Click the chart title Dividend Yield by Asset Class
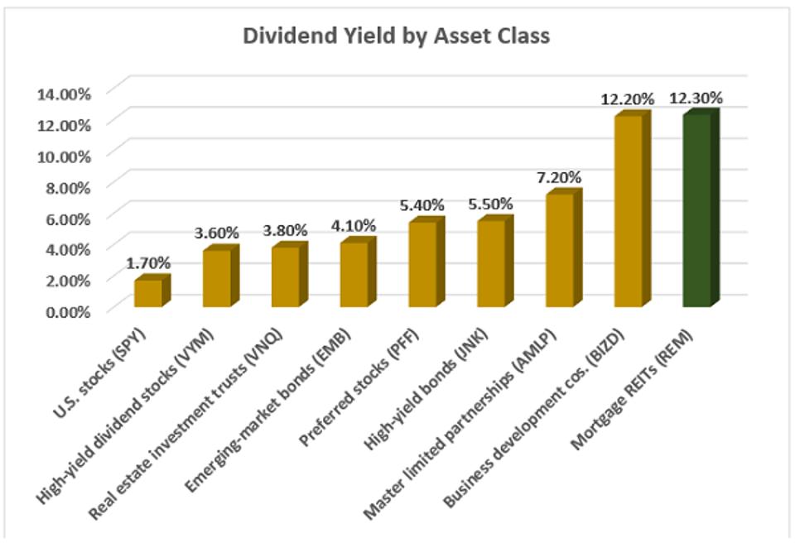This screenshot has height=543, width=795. tap(396, 37)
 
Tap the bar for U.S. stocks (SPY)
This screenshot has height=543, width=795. tap(149, 293)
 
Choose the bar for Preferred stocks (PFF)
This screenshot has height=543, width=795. tap(422, 264)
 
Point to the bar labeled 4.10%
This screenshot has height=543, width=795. tap(354, 274)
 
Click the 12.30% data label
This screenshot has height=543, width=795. tap(696, 98)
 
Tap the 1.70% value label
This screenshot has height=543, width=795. tap(148, 262)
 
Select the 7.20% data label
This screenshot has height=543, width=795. tap(558, 177)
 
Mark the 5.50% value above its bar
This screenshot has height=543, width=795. tap(490, 204)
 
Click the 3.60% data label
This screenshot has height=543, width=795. tap(216, 233)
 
